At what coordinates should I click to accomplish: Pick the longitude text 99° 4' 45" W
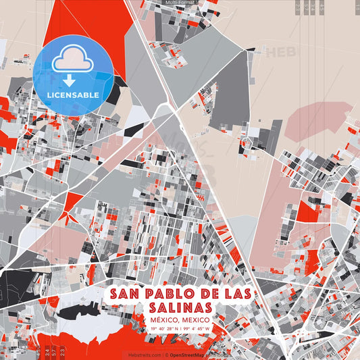click(197, 329)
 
